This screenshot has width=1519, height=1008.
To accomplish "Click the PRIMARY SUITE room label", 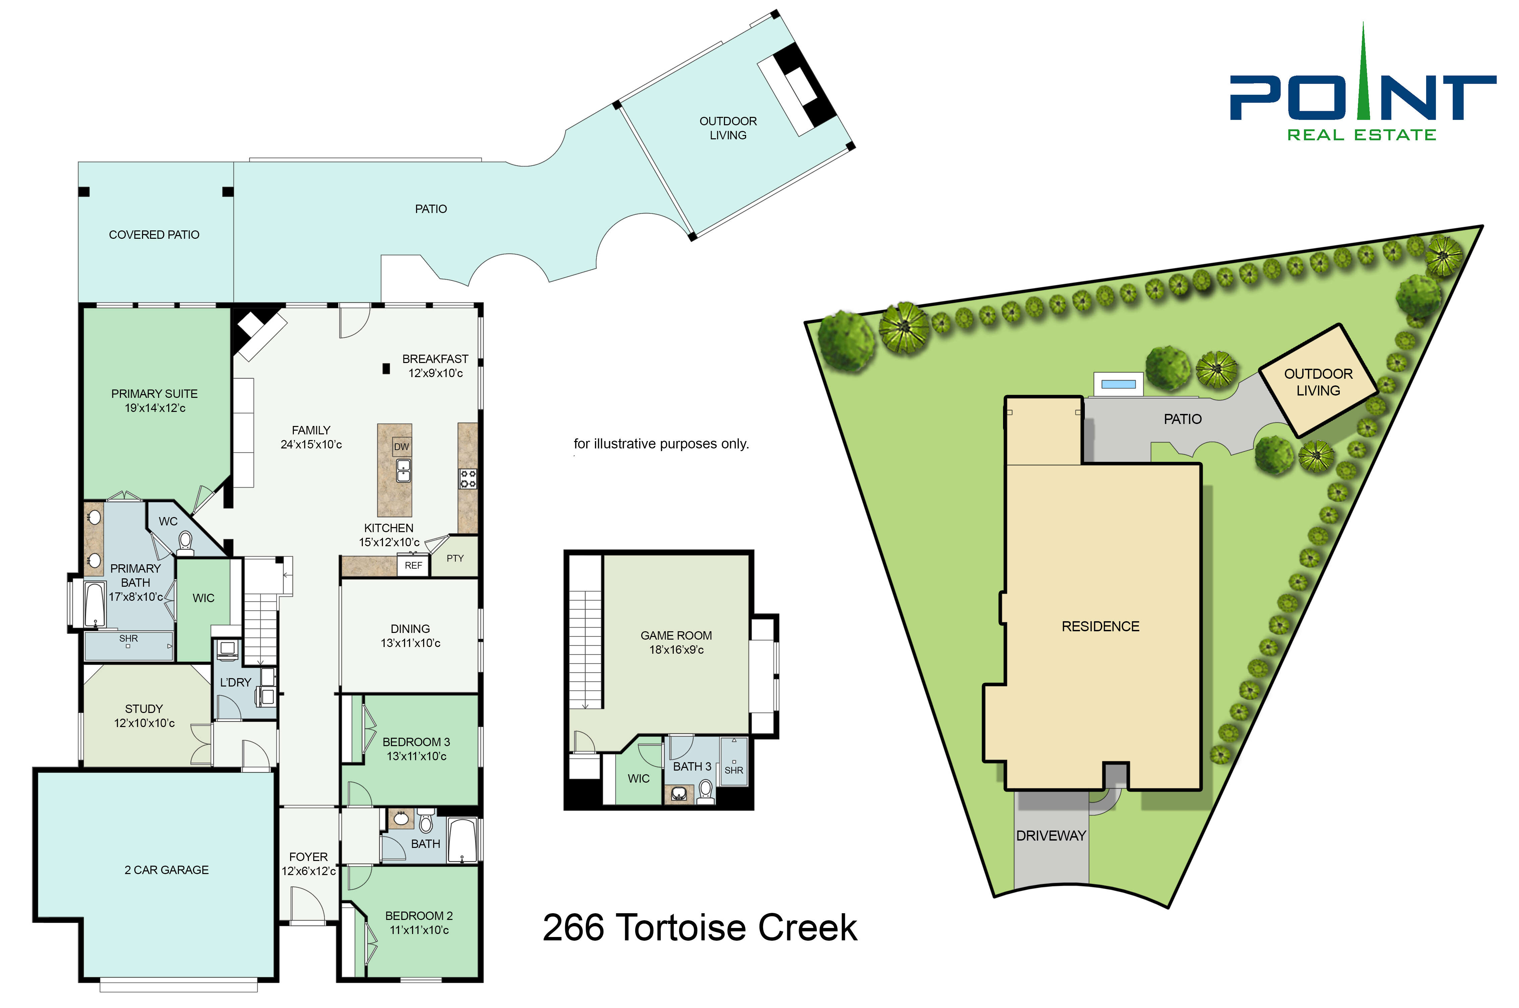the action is pos(154,393).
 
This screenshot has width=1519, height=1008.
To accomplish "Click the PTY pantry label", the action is pos(455,558).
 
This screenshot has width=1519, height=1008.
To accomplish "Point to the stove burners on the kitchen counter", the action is pos(468,479).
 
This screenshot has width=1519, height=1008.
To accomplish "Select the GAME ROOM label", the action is pos(676,635).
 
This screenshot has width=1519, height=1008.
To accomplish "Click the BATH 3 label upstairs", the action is pos(692,766).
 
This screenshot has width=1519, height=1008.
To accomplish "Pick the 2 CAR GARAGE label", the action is pos(167,870).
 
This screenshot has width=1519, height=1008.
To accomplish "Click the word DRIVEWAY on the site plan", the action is pos(1051,836).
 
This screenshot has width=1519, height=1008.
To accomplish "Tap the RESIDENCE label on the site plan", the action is pos(1100,626).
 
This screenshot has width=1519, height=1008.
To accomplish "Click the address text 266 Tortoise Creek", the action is pos(700,928).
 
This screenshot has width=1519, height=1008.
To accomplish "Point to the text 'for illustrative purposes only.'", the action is pos(661,444).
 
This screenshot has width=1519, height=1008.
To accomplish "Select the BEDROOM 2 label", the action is pos(419,916).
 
